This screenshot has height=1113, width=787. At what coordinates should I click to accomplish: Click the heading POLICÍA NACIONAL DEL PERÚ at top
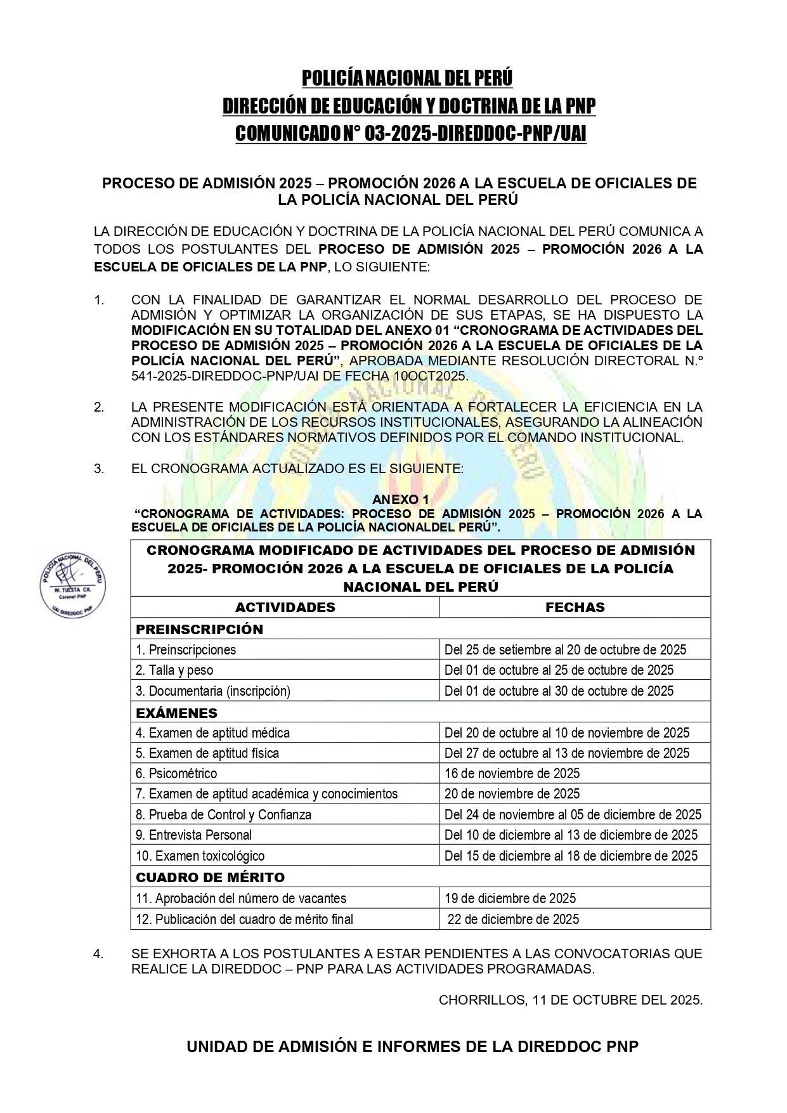[x=407, y=78]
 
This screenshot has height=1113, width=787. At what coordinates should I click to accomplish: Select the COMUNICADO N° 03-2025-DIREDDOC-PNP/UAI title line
[x=410, y=134]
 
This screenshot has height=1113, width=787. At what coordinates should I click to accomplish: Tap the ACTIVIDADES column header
[x=285, y=607]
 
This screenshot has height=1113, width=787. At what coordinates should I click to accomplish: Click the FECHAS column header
[x=575, y=607]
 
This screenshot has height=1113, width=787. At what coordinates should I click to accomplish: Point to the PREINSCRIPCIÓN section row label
[x=190, y=629]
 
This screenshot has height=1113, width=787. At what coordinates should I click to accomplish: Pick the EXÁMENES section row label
[x=176, y=712]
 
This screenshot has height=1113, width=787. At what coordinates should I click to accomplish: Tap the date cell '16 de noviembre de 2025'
[x=512, y=773]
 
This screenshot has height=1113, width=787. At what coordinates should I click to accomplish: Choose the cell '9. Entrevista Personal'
[x=193, y=835]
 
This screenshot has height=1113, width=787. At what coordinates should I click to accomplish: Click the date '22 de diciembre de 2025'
[x=513, y=919]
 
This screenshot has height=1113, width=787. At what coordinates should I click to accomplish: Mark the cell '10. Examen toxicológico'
[x=200, y=856]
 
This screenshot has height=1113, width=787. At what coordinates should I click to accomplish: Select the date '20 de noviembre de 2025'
[x=512, y=793]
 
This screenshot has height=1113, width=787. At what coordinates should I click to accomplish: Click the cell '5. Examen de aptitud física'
[x=207, y=753]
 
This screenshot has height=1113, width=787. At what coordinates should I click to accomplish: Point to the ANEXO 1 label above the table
[x=400, y=500]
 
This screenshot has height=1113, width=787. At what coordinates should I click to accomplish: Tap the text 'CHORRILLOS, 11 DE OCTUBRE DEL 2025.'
[x=570, y=1000]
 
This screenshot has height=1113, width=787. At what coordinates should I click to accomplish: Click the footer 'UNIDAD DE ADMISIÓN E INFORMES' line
[x=412, y=1047]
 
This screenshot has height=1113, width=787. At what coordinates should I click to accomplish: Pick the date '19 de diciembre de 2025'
[x=510, y=898]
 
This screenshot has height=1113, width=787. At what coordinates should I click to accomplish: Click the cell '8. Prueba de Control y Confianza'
[x=223, y=814]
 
